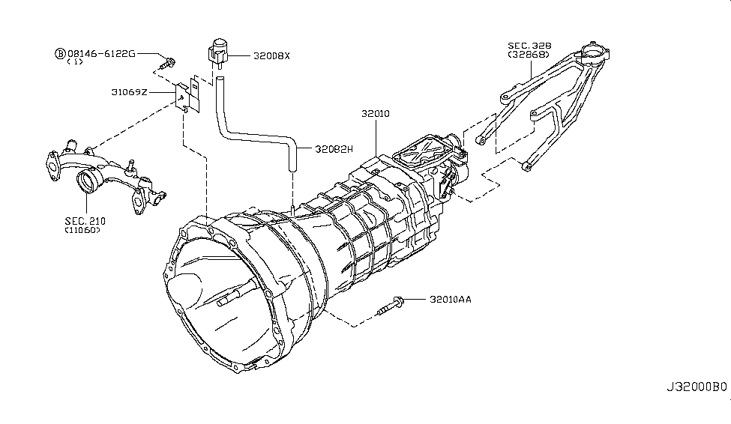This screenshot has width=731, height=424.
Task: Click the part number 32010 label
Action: [376, 113]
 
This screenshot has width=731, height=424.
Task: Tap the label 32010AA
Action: [451, 299]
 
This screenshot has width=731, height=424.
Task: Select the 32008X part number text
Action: [271, 56]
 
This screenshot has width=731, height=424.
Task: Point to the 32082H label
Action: [334, 149]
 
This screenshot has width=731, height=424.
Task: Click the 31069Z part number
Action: [129, 92]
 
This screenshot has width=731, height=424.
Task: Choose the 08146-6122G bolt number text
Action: [102, 54]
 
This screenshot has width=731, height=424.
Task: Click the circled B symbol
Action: [61, 54]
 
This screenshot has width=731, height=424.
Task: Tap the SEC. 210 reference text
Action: [85, 221]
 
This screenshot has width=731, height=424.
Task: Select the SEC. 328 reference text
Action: [529, 46]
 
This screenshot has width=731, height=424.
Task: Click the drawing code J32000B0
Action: [697, 387]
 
